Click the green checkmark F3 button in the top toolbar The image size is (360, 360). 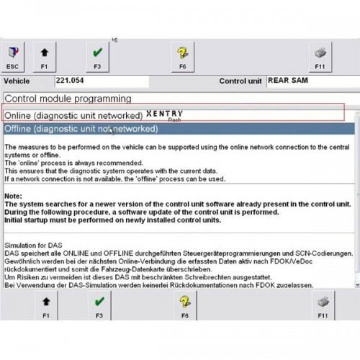97,56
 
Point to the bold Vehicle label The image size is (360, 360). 19,82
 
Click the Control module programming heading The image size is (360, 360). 68,98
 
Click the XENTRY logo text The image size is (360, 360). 164,114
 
